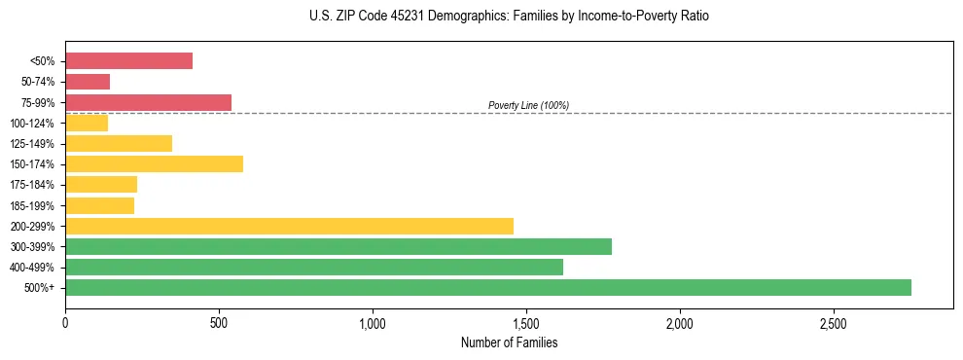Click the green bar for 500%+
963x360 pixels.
[487, 287]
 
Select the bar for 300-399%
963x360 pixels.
[338, 246]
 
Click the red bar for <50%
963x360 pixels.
[128, 61]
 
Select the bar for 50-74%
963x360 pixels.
[88, 82]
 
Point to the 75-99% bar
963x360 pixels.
[148, 102]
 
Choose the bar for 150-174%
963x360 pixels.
[154, 163]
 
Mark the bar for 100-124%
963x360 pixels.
[87, 123]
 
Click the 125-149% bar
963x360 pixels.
[119, 143]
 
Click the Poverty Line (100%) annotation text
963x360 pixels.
[528, 105]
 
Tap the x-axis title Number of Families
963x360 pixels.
[509, 342]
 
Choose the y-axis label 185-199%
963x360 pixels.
[32, 205]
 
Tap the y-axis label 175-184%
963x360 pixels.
[32, 185]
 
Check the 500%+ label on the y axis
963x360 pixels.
[40, 287]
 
